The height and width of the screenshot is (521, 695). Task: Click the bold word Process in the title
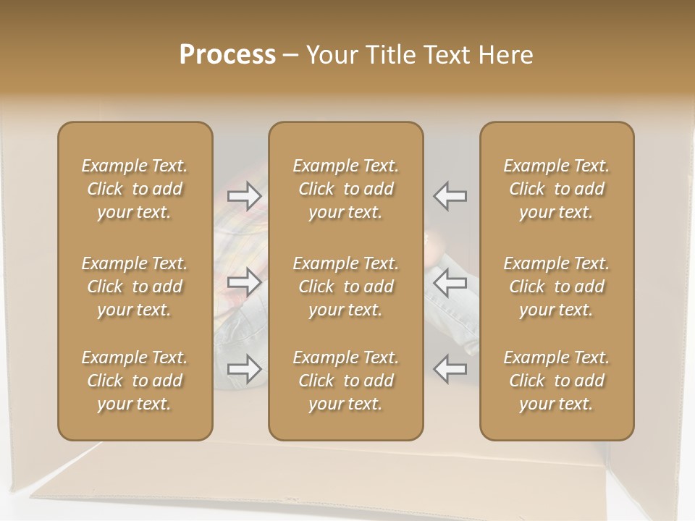[227, 55]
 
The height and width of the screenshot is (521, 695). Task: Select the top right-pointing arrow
[245, 195]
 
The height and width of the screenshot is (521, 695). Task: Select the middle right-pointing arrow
[245, 280]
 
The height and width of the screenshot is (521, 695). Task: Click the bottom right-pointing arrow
[245, 369]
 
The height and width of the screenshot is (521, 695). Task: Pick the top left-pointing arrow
[450, 195]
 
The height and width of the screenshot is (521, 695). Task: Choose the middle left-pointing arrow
[450, 280]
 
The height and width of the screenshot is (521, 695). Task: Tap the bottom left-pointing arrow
[450, 369]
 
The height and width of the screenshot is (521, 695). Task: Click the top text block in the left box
[135, 189]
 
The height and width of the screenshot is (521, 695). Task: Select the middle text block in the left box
[135, 287]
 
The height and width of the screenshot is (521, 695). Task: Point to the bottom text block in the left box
[135, 381]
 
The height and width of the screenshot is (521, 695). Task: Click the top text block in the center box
[345, 189]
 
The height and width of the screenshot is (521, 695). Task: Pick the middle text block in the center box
[345, 287]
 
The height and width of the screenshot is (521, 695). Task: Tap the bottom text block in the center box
[345, 381]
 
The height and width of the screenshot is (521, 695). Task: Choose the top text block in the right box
[557, 189]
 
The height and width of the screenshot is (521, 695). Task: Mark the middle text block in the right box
[557, 287]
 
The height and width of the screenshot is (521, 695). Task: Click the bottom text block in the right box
[557, 381]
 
